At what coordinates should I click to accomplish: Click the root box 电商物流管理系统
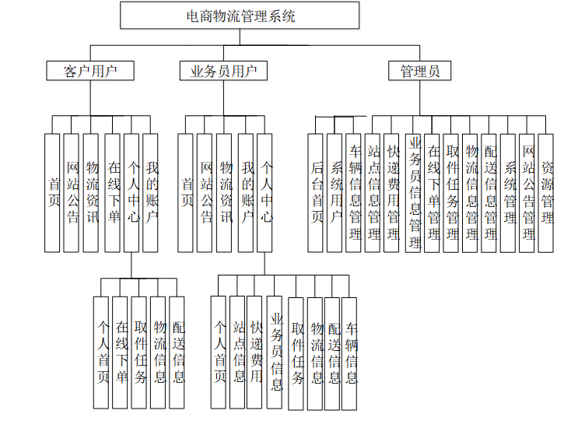point(240,16)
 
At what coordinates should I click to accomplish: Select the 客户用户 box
point(90,71)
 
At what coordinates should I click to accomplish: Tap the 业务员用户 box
point(223,71)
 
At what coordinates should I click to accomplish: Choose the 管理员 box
point(420,71)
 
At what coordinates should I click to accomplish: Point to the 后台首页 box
point(316,192)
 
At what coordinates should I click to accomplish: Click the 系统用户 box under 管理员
point(335,192)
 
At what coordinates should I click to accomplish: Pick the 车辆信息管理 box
point(354,192)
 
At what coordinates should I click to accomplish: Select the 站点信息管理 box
point(373,192)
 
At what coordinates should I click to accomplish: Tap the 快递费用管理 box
point(393,192)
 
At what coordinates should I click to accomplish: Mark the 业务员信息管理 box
point(413,192)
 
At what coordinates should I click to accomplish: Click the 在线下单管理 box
point(433,192)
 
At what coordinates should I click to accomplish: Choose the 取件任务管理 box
point(451,192)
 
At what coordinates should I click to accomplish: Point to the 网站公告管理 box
point(527,192)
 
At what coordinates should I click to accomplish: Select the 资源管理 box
point(547,192)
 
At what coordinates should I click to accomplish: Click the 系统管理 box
point(509,192)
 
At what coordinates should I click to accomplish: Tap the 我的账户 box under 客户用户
point(151,192)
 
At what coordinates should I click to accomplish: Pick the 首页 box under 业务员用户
point(186,192)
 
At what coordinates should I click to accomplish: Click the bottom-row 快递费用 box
point(256,352)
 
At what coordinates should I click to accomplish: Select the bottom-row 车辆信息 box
point(350,352)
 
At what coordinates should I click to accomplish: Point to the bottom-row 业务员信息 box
point(275,352)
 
